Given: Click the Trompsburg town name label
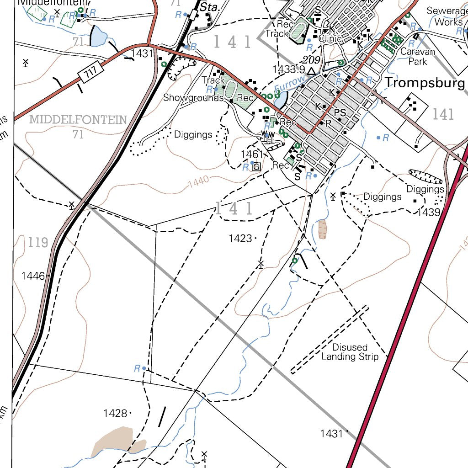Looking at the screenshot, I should coord(425,83).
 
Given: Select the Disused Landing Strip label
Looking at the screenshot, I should coord(350,352).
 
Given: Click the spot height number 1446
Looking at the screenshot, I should coord(33,276).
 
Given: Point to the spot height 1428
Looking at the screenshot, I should coord(115,413).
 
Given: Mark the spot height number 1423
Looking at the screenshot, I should coord(240,238).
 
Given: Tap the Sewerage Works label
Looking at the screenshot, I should coord(445,16).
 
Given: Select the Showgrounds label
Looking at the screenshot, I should coord(193,97).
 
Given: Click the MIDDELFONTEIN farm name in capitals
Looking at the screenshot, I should coord(78,120).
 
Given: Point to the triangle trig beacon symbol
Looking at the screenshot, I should coord(311,71).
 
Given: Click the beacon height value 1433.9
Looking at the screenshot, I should coord(288,69).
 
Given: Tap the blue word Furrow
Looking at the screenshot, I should coord(289,85).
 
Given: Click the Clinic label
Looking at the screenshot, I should coord(330,39).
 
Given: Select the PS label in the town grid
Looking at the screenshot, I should coord(340,112).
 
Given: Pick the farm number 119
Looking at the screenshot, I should coord(37,242).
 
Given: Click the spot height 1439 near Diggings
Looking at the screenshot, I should coord(428,212).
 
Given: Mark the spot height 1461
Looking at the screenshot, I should coord(252,154).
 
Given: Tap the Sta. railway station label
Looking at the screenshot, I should coord(210,7).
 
